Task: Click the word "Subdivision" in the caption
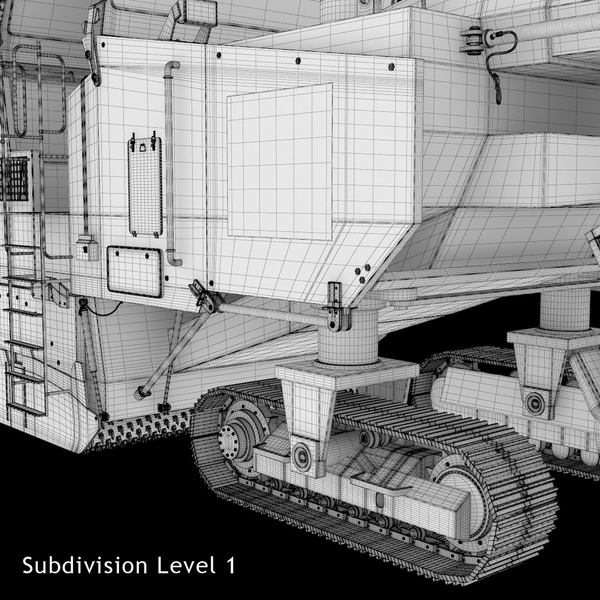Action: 84,566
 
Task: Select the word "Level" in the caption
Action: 186,566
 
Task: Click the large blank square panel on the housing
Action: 279,162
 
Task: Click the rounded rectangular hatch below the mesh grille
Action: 134,271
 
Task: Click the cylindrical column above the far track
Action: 565,308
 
